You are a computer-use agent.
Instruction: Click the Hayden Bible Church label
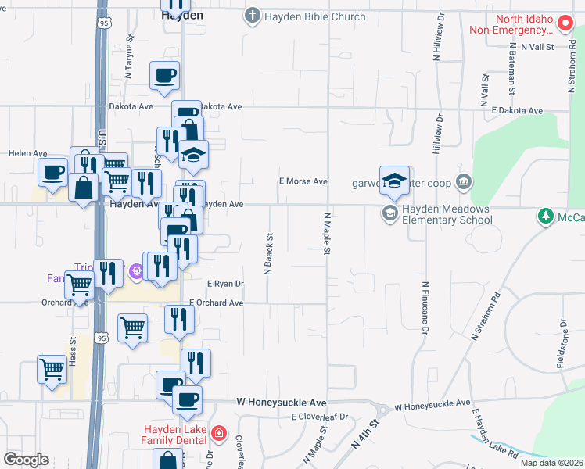(x=314, y=16)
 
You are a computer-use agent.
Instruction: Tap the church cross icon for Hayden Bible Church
(x=252, y=16)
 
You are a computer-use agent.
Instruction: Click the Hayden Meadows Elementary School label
(x=447, y=214)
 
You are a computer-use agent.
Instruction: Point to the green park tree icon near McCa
(x=546, y=215)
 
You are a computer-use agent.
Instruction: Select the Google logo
(x=26, y=459)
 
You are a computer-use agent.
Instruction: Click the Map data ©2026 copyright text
(x=552, y=463)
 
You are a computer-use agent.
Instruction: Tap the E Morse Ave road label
(x=303, y=181)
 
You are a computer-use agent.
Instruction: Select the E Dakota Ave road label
(x=517, y=111)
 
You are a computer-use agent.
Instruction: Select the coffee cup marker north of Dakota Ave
(x=165, y=76)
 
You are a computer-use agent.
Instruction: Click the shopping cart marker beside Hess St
(x=52, y=367)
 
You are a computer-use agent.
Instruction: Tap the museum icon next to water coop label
(x=464, y=182)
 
